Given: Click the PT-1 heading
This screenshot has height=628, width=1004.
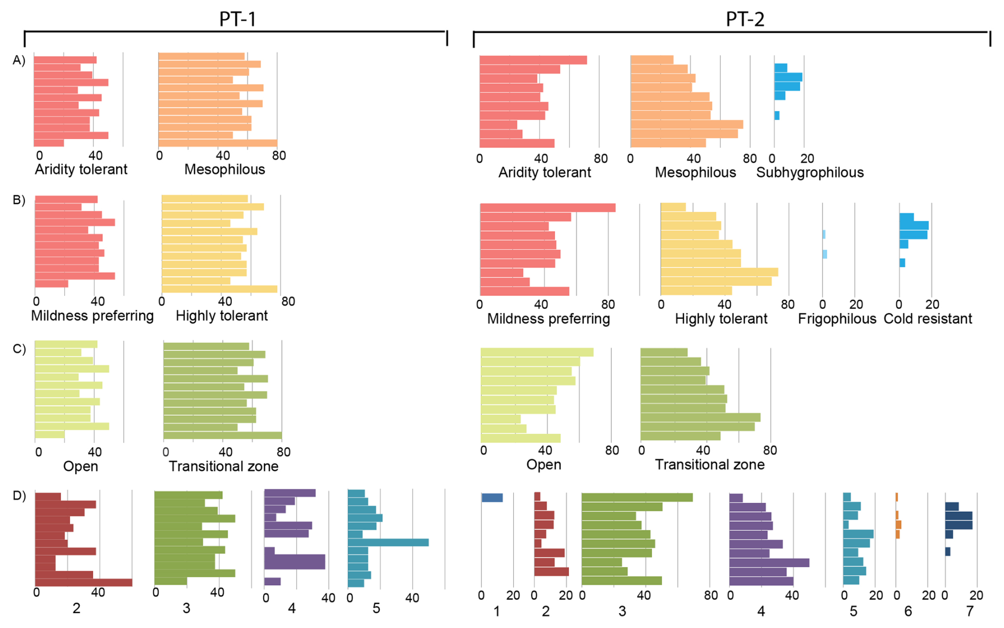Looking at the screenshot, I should (x=237, y=19).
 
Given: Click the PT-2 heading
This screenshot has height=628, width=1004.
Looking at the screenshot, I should (x=745, y=19).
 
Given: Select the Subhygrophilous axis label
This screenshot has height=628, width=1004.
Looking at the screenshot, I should (x=810, y=172).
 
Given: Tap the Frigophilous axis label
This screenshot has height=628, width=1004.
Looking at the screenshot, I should (x=837, y=319).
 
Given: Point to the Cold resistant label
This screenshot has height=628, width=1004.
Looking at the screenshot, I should (x=928, y=319).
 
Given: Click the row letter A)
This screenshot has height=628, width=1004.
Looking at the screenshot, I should (x=19, y=60).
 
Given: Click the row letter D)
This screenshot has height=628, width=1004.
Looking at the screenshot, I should (x=19, y=496).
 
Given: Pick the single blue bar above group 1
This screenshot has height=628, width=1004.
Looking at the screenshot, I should (x=492, y=498).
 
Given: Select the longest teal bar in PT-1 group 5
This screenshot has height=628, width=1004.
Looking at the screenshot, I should (x=388, y=543).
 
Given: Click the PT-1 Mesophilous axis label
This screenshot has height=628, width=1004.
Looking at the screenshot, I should (x=224, y=170).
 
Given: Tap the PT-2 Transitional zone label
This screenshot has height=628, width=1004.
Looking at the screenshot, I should (x=709, y=465).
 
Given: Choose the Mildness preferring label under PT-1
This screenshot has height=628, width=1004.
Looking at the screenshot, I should (x=92, y=316).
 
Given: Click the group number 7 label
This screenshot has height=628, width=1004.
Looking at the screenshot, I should (x=970, y=612).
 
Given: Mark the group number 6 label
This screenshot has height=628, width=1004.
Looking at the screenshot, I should (x=908, y=612).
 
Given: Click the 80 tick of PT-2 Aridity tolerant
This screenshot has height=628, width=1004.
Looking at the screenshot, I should (x=601, y=158).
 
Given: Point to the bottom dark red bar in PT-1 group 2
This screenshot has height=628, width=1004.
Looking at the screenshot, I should (x=83, y=582).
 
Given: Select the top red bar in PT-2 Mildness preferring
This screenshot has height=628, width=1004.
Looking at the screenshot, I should (x=548, y=208).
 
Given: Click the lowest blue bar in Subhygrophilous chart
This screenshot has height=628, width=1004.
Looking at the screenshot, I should (x=777, y=116).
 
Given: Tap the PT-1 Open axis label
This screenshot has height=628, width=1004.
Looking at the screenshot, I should (x=81, y=467).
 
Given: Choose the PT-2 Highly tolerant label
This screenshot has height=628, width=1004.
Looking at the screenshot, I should (x=721, y=319).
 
